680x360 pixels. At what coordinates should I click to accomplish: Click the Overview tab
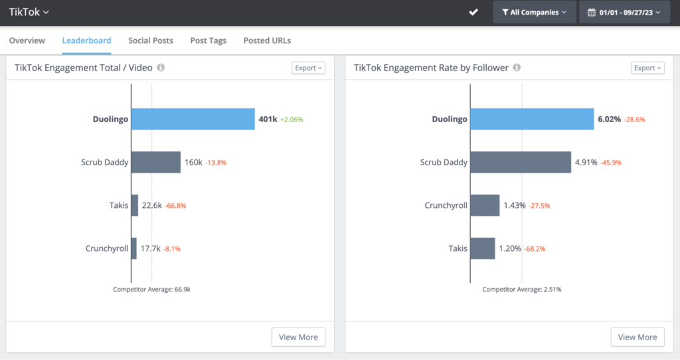click(x=27, y=41)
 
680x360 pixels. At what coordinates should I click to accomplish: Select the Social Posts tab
click(x=151, y=41)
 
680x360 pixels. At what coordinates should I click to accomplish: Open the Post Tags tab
click(x=208, y=41)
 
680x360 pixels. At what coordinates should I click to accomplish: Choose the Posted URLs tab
click(x=267, y=41)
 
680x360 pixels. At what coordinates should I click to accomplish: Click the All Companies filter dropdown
click(x=534, y=12)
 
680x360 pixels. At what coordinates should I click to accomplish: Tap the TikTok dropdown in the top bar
click(x=29, y=11)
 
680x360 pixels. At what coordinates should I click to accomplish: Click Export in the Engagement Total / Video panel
click(x=308, y=68)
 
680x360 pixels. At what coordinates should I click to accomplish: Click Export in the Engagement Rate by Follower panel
click(x=647, y=68)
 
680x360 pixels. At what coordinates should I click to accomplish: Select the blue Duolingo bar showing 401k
click(x=193, y=120)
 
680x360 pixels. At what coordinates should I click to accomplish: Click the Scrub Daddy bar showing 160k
click(x=156, y=162)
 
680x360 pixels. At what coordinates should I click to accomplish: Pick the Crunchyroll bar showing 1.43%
click(x=485, y=205)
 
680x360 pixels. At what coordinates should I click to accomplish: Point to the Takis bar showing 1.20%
click(x=483, y=248)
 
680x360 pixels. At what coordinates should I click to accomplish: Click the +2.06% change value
click(x=292, y=120)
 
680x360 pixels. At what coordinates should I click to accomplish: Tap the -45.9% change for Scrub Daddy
click(x=611, y=163)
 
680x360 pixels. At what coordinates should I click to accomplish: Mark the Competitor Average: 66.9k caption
click(x=151, y=290)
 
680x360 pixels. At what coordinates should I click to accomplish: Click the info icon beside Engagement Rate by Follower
click(x=517, y=68)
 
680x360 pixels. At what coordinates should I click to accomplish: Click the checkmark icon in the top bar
click(x=473, y=12)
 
